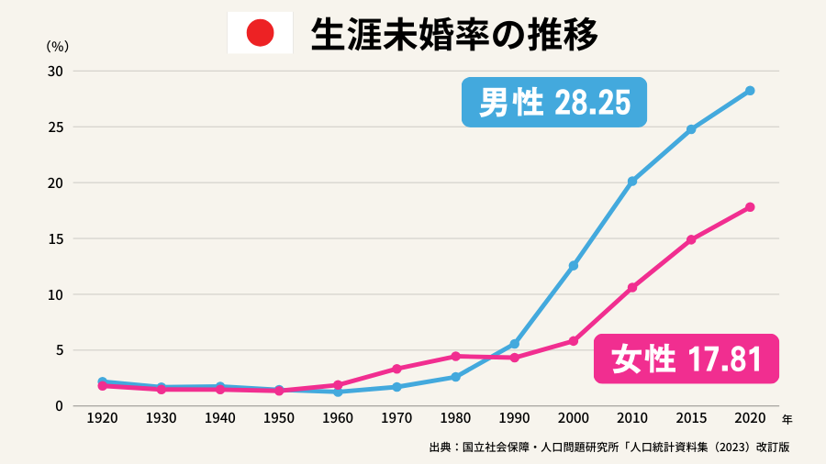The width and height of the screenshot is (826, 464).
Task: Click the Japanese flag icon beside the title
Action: coord(260,33)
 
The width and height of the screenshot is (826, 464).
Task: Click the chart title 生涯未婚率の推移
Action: coord(454,35)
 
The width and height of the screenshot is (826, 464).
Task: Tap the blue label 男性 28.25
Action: coord(555,102)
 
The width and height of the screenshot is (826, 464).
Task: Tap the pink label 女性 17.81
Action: coord(686,358)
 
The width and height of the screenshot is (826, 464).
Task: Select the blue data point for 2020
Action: coord(750,91)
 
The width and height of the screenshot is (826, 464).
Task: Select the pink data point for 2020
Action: coord(750,207)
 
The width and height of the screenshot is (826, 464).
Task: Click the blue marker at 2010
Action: coord(632,182)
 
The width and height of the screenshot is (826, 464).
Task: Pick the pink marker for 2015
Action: coord(691,239)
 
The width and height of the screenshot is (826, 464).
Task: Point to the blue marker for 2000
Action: coord(574,266)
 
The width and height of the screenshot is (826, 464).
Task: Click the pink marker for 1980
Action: coord(455,356)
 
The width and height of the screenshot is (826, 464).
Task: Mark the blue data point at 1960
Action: coord(338,392)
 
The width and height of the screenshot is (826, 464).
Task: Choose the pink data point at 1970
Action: coord(396,369)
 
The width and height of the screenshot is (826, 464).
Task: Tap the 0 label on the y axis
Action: coord(59,405)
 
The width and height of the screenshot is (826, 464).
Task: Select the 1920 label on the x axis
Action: coord(102,418)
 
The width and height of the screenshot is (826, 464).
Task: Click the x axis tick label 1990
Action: coord(514,418)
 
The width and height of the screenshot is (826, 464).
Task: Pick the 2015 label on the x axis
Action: coord(691,418)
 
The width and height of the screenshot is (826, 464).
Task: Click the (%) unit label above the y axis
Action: coord(56,45)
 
